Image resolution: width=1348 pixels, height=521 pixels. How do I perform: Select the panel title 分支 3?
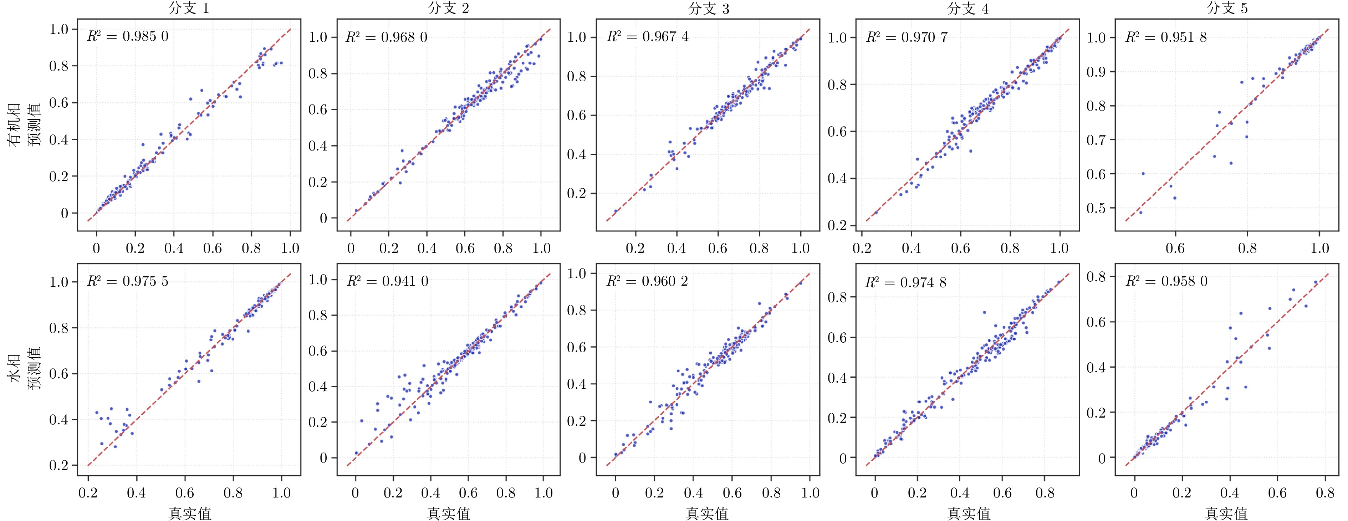708,8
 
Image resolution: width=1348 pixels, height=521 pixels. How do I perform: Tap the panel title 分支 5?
1227,8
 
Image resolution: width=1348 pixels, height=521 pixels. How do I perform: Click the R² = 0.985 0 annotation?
128,36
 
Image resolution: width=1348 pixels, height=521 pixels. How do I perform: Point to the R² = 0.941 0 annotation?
387,281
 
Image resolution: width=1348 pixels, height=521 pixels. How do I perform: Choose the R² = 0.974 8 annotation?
906,283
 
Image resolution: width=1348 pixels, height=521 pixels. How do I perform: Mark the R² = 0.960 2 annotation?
647,281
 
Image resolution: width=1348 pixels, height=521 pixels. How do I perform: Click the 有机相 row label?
14,124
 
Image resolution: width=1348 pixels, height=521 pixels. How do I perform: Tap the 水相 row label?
14,369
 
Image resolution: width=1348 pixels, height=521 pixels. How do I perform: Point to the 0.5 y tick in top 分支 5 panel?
1097,208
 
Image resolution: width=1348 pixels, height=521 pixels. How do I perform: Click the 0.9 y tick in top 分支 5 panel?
1097,72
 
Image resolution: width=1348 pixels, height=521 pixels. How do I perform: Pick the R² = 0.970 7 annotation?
907,37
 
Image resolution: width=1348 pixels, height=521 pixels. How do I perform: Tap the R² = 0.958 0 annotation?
1166,281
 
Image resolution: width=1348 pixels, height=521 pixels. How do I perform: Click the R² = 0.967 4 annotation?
648,37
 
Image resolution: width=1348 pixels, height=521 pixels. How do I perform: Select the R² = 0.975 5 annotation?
128,281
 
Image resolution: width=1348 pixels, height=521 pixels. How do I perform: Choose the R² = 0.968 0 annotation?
387,37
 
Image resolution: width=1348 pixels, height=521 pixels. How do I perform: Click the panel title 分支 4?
967,8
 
